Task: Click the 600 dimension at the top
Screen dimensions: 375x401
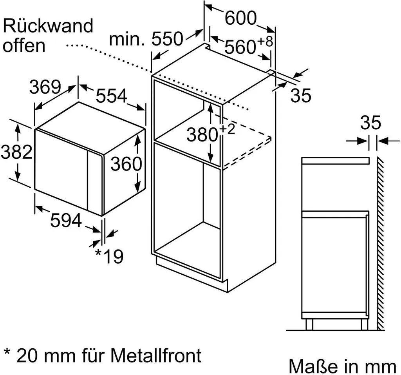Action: [240, 18]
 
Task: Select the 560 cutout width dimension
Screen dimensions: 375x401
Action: [240, 47]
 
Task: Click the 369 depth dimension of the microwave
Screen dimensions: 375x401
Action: [45, 87]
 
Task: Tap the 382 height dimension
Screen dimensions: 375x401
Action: [16, 152]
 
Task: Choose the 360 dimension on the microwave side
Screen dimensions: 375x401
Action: [125, 165]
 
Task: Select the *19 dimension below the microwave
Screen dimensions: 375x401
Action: [109, 256]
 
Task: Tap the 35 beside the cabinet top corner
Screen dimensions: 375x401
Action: [300, 96]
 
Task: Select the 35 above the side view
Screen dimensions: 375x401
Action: [370, 123]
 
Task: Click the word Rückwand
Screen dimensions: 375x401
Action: [48, 26]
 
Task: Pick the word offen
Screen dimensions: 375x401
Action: [24, 45]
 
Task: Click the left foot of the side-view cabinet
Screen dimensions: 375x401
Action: [309, 324]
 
